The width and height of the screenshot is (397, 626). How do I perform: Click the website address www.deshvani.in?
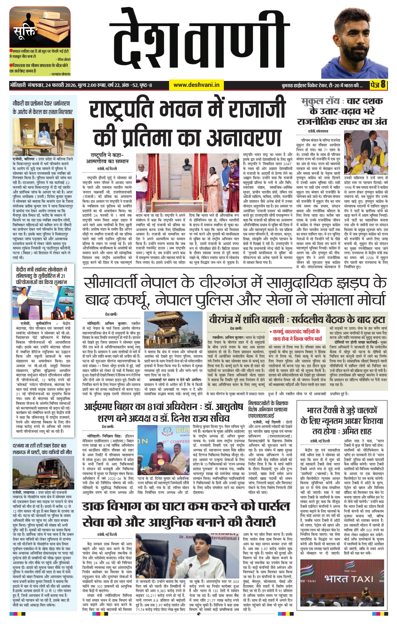pos(196,85)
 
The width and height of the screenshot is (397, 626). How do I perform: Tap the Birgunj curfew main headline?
pos(235,291)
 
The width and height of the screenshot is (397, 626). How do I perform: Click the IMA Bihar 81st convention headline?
pos(164,412)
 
